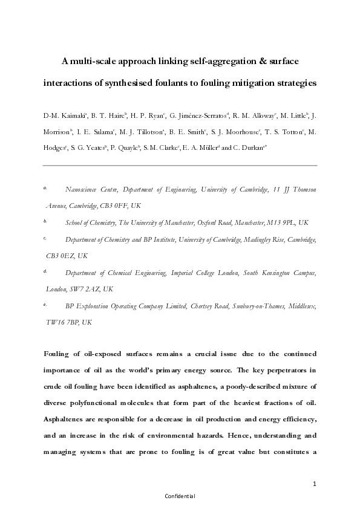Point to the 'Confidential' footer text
180,496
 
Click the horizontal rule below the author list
180,164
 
